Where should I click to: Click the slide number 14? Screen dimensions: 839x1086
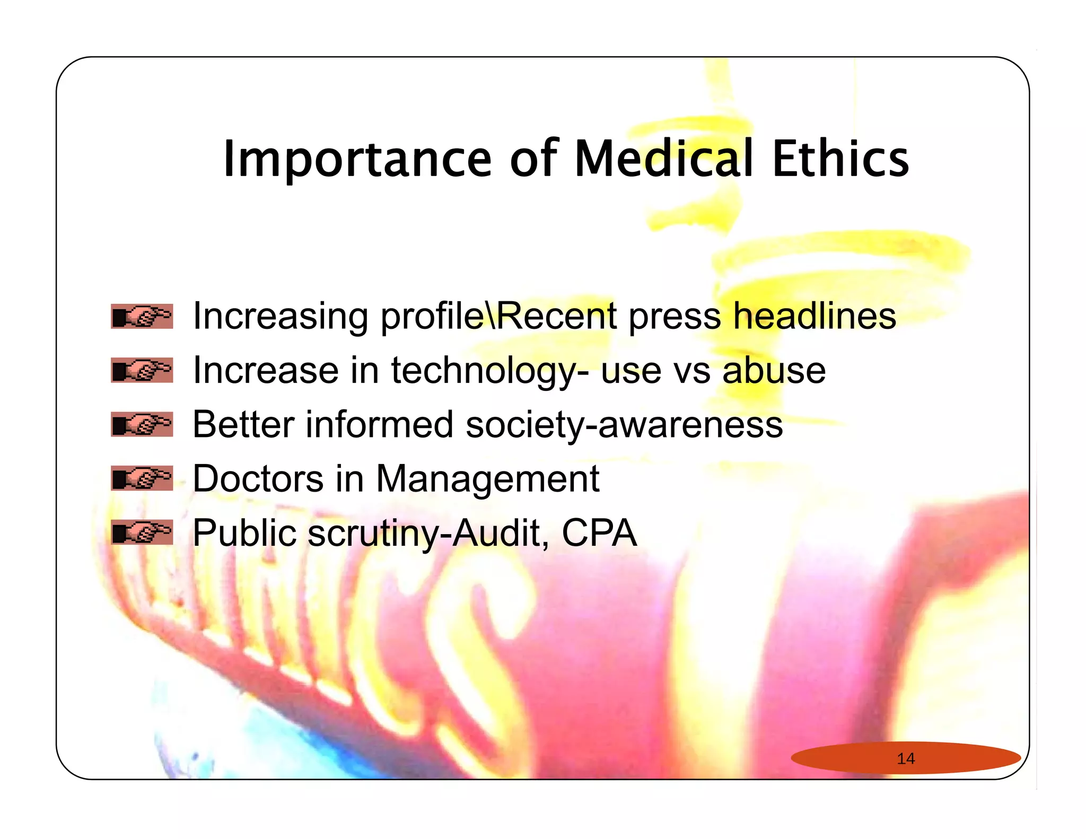[906, 758]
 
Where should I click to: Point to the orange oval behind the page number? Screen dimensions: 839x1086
[848, 758]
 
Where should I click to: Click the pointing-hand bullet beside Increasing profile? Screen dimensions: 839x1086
[142, 317]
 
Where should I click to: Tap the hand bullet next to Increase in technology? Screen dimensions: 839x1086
[142, 370]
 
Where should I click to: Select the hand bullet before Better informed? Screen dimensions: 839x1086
[142, 424]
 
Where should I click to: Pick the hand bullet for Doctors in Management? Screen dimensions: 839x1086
[142, 478]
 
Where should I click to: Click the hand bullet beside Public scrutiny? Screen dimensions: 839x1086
[142, 532]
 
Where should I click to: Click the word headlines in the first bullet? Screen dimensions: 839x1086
[814, 316]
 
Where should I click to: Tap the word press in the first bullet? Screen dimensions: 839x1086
[675, 317]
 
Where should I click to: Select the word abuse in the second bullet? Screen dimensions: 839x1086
[774, 370]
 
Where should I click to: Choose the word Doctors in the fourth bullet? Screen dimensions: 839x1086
[258, 478]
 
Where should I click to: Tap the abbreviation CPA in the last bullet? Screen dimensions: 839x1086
[599, 532]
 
